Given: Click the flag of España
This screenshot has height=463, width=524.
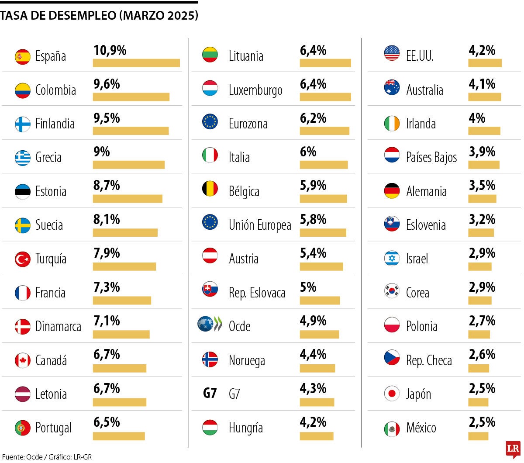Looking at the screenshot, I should [x=23, y=56].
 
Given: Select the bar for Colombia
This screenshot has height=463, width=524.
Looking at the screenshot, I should [x=131, y=97].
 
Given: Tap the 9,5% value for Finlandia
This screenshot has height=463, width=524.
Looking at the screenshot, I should [x=107, y=118].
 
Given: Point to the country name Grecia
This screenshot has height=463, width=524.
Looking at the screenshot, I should [x=48, y=158].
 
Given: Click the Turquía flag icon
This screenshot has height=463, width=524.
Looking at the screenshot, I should [x=23, y=259].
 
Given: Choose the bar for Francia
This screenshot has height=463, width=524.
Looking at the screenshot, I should [x=122, y=301].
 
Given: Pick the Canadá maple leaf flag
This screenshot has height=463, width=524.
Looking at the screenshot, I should [x=23, y=360].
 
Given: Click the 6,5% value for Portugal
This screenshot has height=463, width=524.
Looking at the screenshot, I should [x=107, y=422].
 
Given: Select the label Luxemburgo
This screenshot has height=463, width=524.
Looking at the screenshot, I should [x=255, y=90].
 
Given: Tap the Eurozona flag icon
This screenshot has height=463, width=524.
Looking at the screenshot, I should [x=210, y=121].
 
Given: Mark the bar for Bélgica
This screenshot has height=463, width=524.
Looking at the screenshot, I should [x=323, y=199].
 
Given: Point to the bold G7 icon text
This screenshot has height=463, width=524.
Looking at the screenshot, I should [x=210, y=394].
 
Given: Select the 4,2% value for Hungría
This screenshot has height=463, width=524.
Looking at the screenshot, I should [x=313, y=422].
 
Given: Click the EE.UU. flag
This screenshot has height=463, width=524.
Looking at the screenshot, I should [x=392, y=53].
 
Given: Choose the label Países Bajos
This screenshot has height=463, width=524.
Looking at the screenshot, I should [x=431, y=158].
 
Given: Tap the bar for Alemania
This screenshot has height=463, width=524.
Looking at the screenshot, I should [x=482, y=199].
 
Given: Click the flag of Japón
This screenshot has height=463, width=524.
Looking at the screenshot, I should [x=392, y=394].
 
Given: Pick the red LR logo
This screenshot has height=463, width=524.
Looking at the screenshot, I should [x=513, y=449].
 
